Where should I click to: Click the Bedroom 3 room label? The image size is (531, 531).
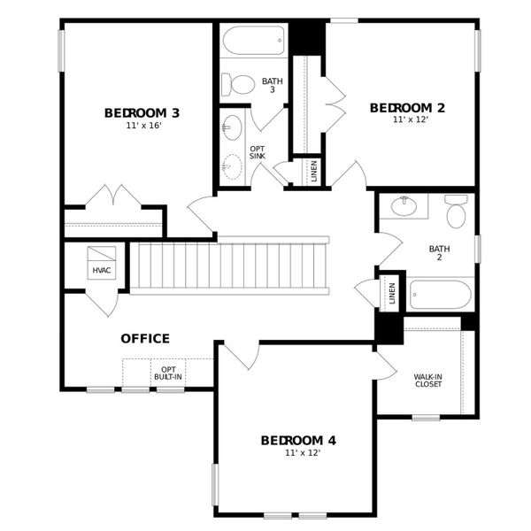coord(142,112)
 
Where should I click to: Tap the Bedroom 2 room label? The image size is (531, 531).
coord(407,108)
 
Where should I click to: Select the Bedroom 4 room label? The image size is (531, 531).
coord(298,440)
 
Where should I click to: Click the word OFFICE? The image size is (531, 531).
coord(145,338)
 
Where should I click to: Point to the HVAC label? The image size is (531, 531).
coord(101,269)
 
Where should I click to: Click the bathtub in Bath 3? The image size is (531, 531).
coord(253,41)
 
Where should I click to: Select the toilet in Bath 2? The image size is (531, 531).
coord(456,213)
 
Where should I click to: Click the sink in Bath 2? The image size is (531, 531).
coord(404,206)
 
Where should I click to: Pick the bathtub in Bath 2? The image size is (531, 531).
coord(440,294)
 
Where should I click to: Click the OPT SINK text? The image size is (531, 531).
coord(257,151)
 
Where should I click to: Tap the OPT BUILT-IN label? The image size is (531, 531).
coord(168,373)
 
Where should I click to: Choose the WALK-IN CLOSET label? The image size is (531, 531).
coord(428,381)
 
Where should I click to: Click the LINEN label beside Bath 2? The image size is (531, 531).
coord(392,293)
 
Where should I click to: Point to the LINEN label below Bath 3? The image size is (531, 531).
coord(313,171)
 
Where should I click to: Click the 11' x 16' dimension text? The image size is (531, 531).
coord(142,126)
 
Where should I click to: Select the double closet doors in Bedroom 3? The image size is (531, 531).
coord(112,196)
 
